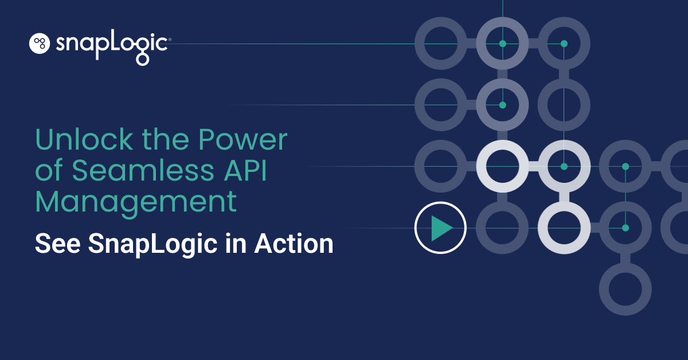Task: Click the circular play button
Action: (440, 228)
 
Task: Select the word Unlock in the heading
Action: (77, 140)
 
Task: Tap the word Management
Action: (136, 202)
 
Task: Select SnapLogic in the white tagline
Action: (153, 244)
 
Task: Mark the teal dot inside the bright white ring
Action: (564, 166)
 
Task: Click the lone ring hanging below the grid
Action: (626, 289)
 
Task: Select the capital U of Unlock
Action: (44, 140)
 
